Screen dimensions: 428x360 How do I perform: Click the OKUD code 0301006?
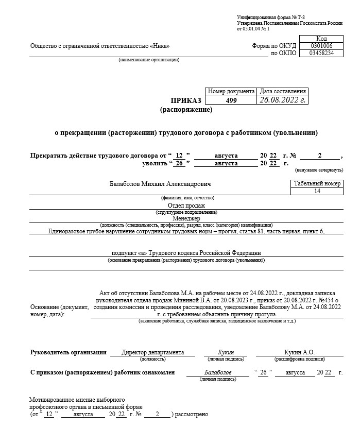321,46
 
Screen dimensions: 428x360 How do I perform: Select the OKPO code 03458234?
321,53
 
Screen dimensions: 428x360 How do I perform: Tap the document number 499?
231,100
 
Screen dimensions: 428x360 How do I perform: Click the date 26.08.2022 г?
283,100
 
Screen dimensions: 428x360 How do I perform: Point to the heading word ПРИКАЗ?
186,100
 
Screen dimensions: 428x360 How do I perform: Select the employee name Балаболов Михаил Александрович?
160,184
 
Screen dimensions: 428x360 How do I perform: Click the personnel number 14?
317,191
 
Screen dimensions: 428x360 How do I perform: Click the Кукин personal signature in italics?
226,352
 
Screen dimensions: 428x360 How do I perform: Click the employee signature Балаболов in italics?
218,372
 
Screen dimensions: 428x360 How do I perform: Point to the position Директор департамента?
152,352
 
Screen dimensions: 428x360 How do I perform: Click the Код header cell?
321,39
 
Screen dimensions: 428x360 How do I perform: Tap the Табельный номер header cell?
317,184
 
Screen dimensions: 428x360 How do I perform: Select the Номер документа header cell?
231,91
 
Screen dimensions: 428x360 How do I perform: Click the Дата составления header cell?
283,91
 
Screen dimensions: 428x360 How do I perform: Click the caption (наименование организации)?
149,60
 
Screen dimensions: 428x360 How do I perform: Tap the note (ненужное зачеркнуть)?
319,169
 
